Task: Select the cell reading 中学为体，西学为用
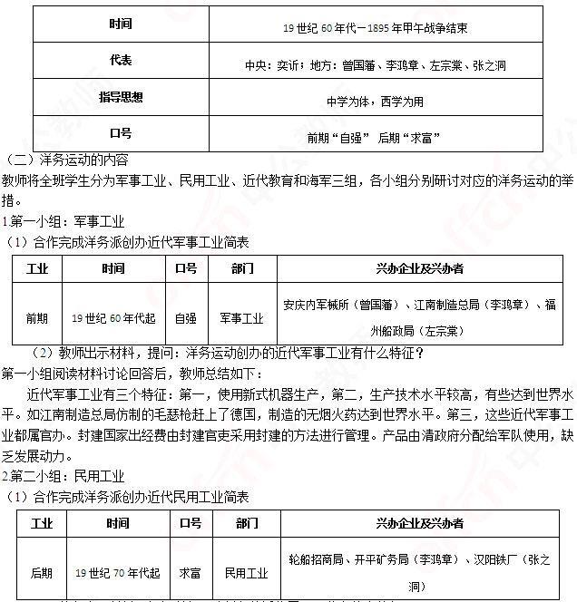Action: click(375, 102)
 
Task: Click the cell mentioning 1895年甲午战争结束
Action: click(375, 28)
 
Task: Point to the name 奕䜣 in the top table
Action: click(292, 65)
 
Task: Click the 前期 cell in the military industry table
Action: click(37, 318)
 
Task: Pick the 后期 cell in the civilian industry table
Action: click(41, 573)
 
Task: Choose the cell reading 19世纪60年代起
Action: click(113, 318)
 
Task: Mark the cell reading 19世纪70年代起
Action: click(117, 573)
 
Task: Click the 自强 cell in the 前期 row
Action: click(185, 318)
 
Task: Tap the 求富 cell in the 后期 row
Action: click(190, 573)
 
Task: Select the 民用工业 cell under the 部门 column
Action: click(246, 573)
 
